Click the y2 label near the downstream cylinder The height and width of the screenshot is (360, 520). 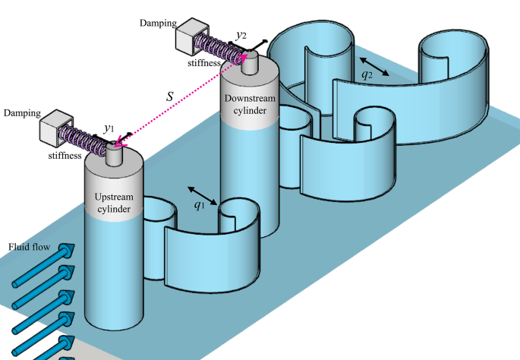point(241,36)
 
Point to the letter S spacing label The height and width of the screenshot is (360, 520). point(172,97)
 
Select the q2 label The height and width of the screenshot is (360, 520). point(367,74)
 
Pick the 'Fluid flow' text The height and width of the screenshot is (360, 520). point(30,247)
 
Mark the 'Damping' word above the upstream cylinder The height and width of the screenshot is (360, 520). point(23,112)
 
